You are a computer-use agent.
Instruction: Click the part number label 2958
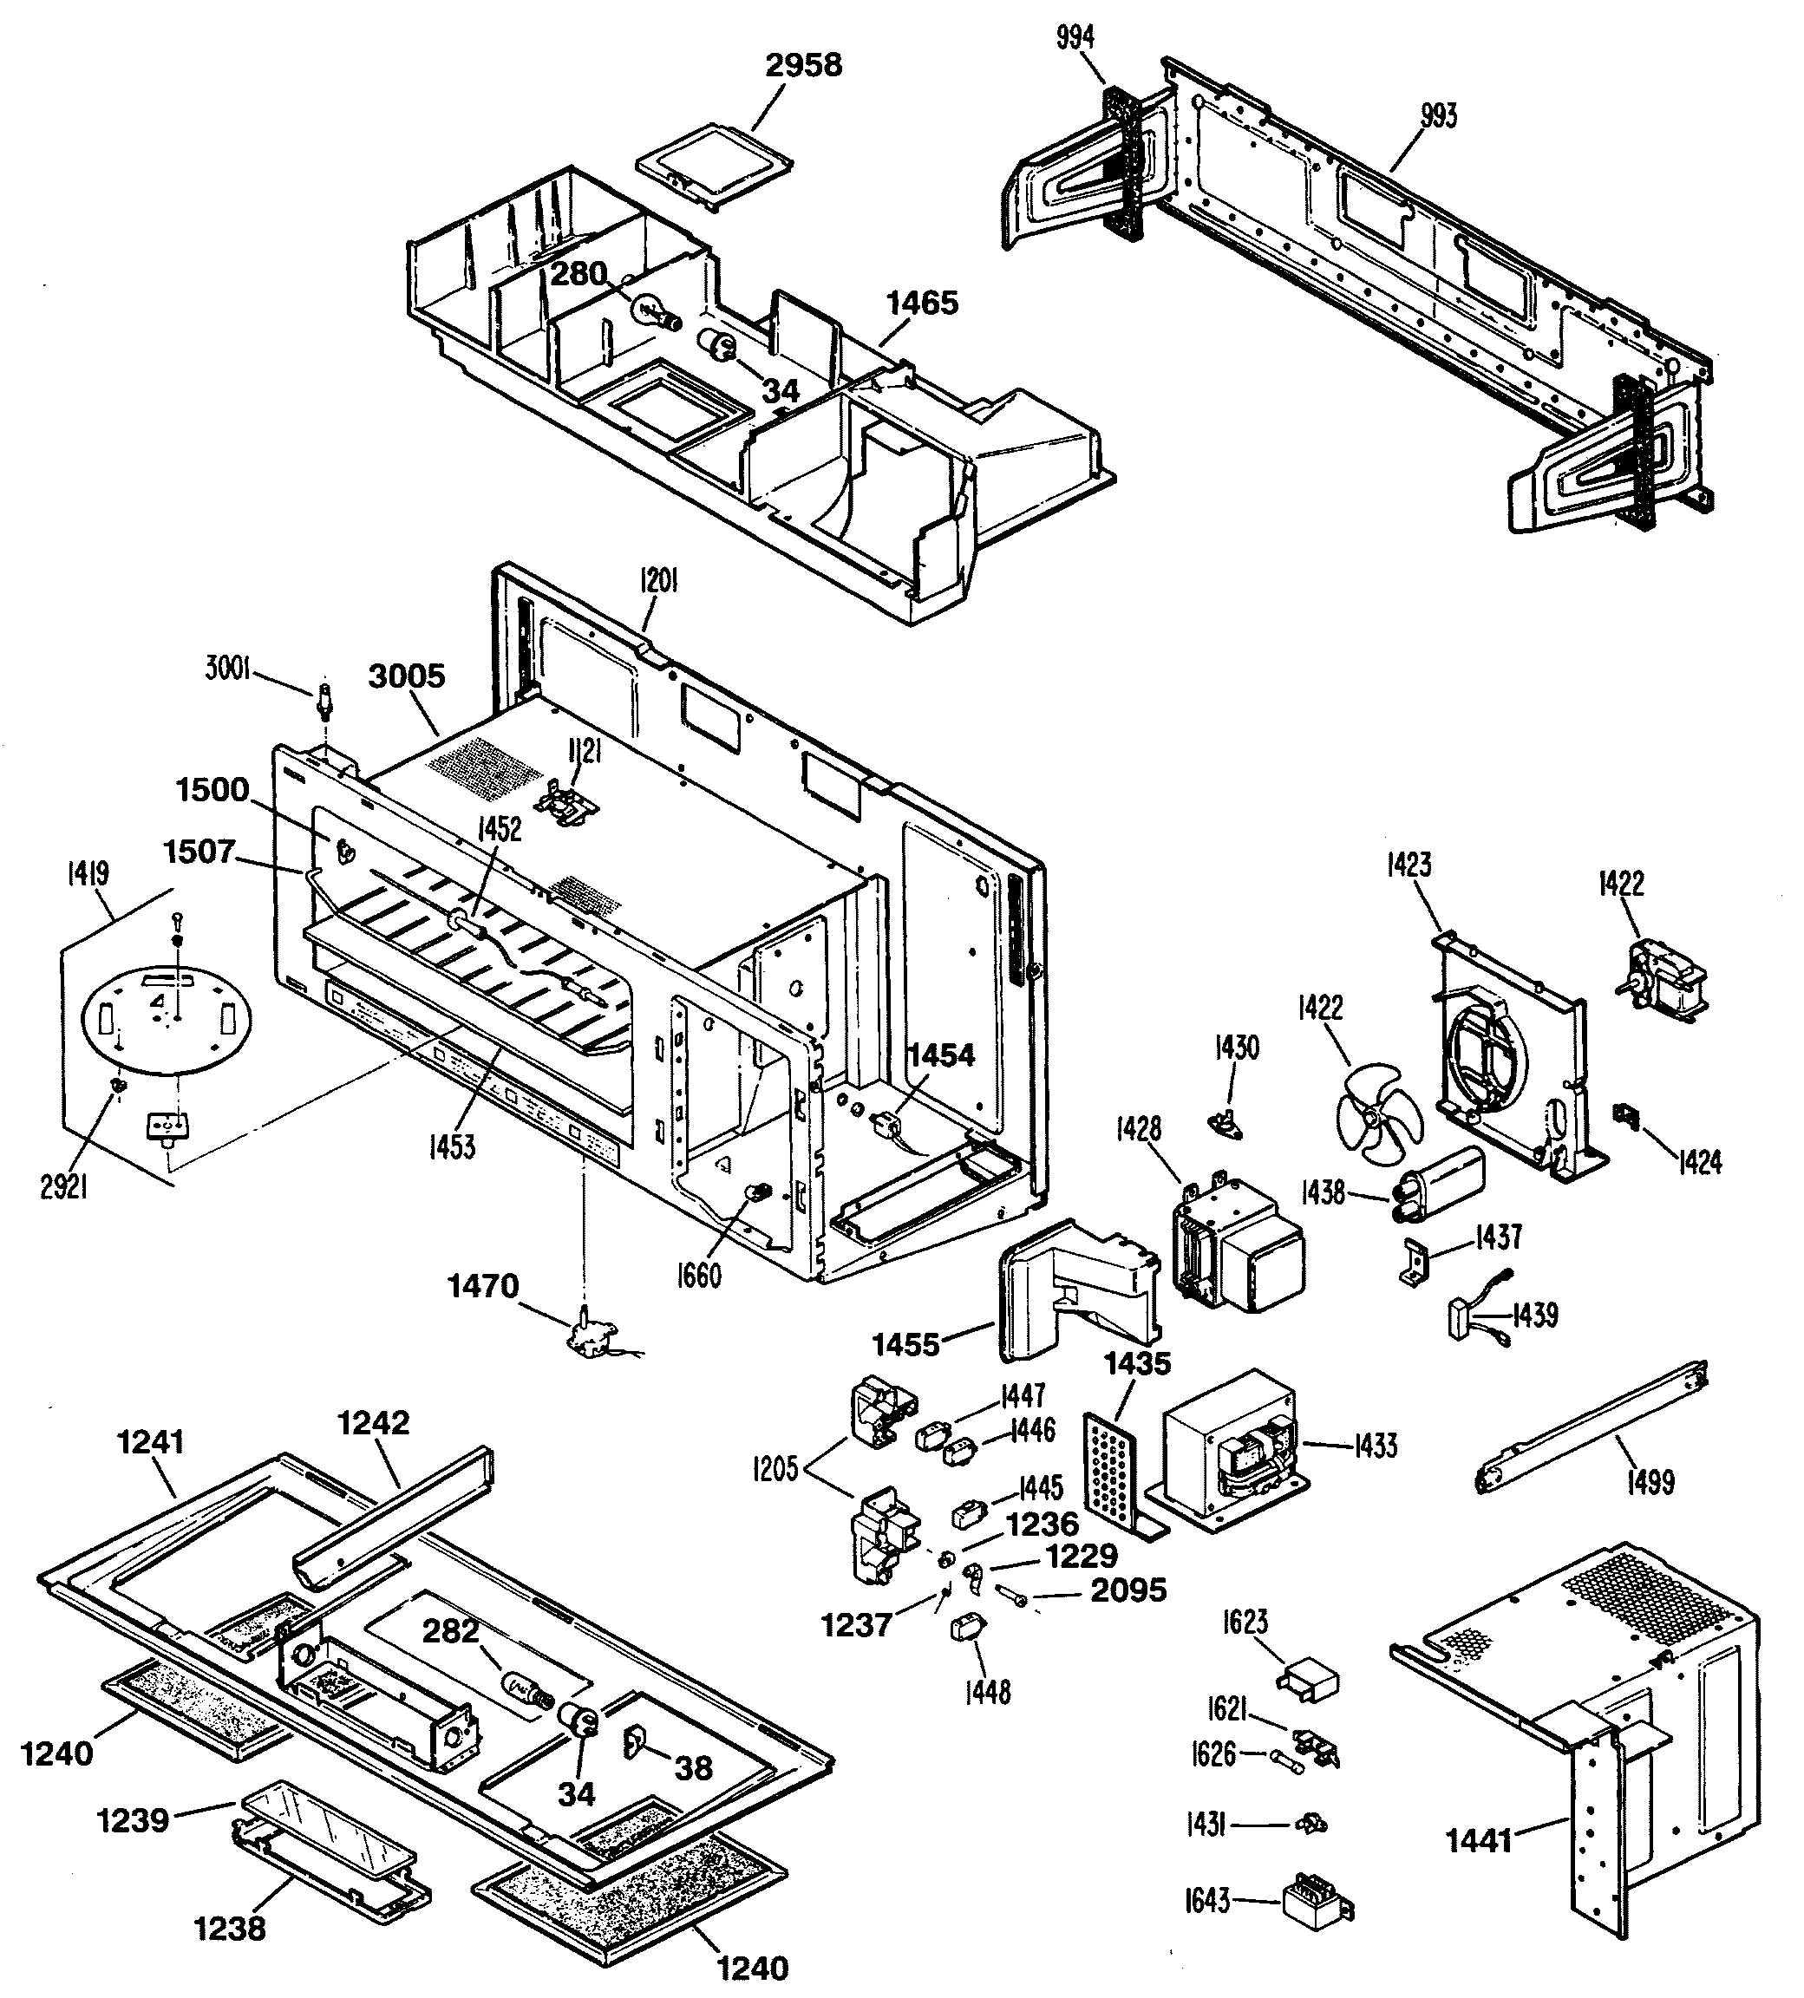803,65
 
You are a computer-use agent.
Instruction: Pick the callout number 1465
922,304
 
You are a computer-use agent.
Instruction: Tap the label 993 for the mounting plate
1438,117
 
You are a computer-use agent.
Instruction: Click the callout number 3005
407,677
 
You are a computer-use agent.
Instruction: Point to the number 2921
63,1186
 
